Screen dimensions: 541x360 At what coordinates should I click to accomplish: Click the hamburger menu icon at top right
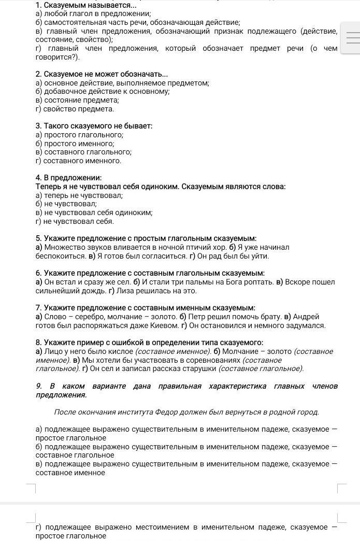point(352,38)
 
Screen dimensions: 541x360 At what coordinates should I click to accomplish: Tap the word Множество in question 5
point(62,247)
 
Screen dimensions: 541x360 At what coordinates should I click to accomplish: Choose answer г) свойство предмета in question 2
point(75,109)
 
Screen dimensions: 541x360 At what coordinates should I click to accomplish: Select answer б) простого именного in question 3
point(75,144)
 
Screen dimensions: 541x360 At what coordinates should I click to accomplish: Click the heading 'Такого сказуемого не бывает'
point(94,126)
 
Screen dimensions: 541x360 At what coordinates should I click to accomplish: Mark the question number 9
point(38,386)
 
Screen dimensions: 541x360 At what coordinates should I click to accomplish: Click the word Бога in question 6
point(229,282)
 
